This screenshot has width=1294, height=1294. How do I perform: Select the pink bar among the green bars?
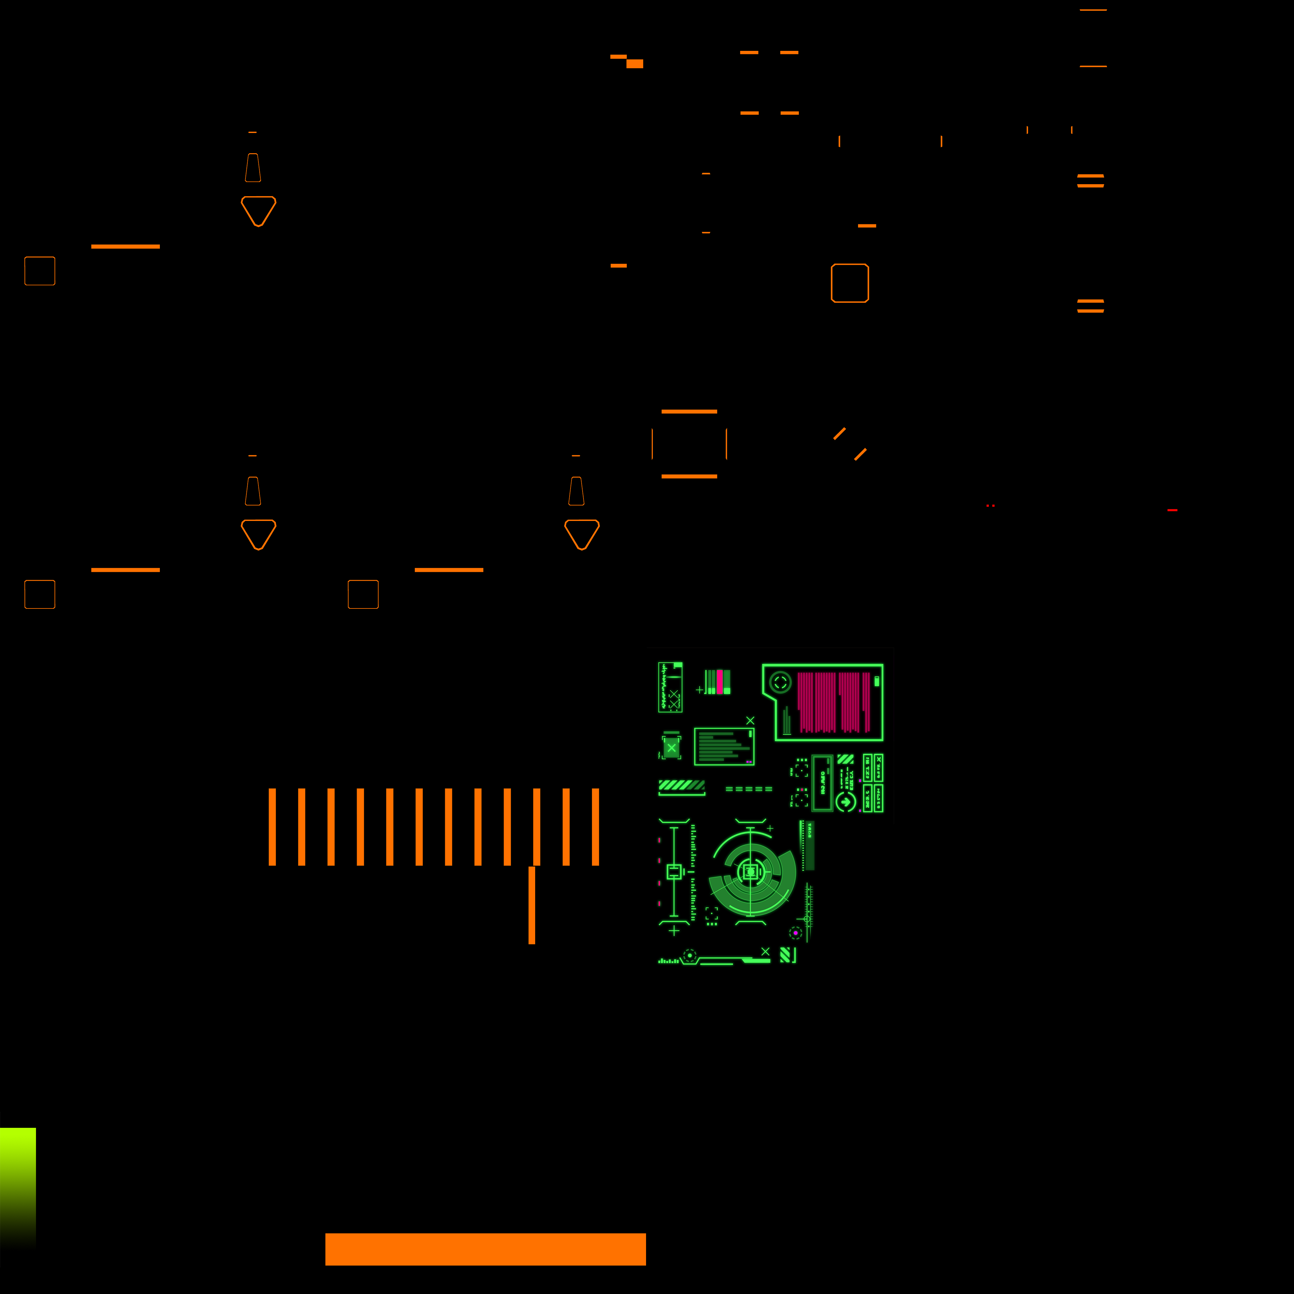point(719,681)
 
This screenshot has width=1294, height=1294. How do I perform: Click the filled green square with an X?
point(671,747)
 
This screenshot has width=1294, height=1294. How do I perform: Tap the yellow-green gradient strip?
point(17,1186)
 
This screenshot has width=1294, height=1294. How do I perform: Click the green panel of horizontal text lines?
point(724,746)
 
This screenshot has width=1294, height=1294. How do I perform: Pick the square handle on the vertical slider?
point(674,871)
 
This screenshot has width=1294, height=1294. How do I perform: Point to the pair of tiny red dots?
point(991,506)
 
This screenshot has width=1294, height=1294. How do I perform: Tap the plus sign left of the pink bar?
point(699,689)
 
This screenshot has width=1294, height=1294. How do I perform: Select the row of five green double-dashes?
point(749,789)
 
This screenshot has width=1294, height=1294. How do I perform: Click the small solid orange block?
point(634,63)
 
